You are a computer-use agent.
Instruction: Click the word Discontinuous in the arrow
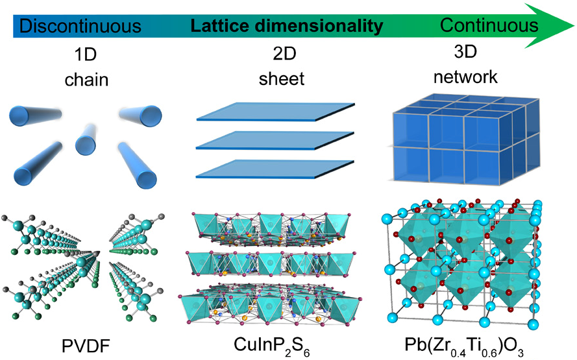[x=80, y=26]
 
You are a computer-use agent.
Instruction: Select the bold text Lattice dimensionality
[x=287, y=26]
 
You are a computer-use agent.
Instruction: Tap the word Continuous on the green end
[x=489, y=25]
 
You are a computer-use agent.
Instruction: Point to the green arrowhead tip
[x=574, y=26]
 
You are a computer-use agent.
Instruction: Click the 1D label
[x=86, y=54]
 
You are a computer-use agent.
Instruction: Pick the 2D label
[x=284, y=54]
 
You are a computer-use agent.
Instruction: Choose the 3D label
[x=465, y=51]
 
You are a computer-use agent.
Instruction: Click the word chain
[x=86, y=79]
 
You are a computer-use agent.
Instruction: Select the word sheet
[x=282, y=78]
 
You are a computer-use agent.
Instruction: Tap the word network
[x=465, y=77]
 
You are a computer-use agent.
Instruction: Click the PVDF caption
[x=86, y=346]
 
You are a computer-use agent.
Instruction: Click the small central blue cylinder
[x=86, y=139]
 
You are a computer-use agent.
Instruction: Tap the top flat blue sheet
[x=276, y=112]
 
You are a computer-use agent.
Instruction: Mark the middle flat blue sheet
[x=275, y=141]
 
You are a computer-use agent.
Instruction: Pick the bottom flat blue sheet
[x=275, y=169]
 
